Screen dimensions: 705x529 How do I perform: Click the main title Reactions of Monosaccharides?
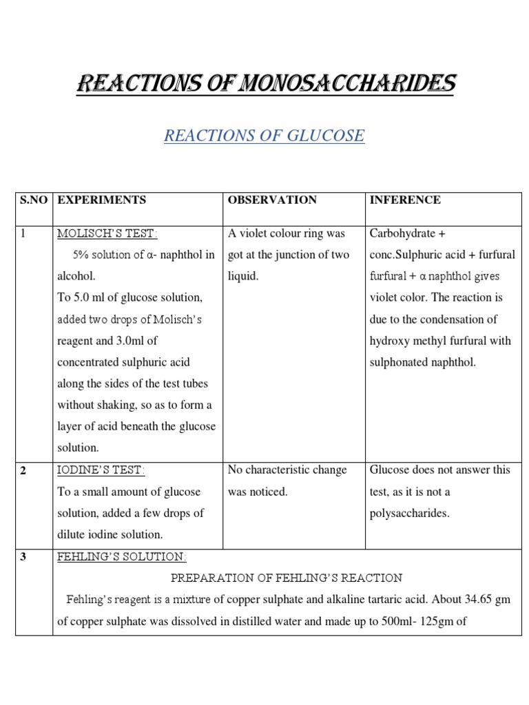click(x=264, y=84)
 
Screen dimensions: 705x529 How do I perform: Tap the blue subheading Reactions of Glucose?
click(x=264, y=136)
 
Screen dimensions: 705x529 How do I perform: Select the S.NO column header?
click(x=33, y=200)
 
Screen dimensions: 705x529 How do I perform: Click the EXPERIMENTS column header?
click(x=101, y=200)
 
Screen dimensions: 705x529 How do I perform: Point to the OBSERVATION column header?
click(x=272, y=200)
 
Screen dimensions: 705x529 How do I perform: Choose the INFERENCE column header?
click(x=405, y=200)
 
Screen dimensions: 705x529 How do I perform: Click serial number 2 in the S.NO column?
click(x=23, y=470)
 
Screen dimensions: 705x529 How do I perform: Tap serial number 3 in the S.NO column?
click(x=23, y=556)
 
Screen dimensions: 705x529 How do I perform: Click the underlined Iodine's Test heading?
click(x=101, y=470)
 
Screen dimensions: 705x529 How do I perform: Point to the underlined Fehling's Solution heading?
click(x=122, y=556)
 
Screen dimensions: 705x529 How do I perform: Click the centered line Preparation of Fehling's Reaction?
click(x=287, y=578)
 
